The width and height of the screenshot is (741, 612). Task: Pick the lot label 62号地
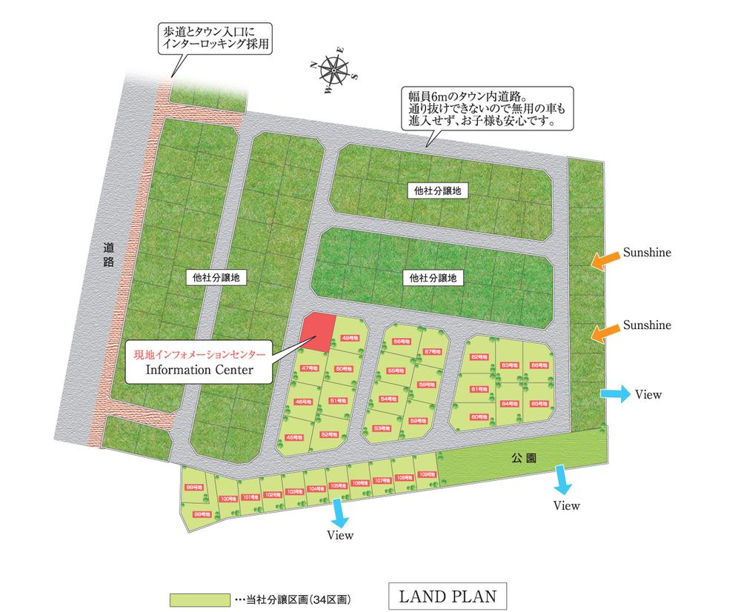coord(479,357)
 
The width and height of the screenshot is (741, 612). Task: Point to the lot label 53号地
coord(382,428)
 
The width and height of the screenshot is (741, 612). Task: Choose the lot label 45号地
coord(295,437)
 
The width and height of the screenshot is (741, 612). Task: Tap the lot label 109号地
coord(427,474)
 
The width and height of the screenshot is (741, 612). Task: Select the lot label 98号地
coord(193,487)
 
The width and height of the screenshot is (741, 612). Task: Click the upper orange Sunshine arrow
coord(603,258)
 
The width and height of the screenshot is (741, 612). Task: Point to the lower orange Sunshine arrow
coord(603,331)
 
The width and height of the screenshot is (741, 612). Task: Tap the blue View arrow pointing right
coord(614,394)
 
